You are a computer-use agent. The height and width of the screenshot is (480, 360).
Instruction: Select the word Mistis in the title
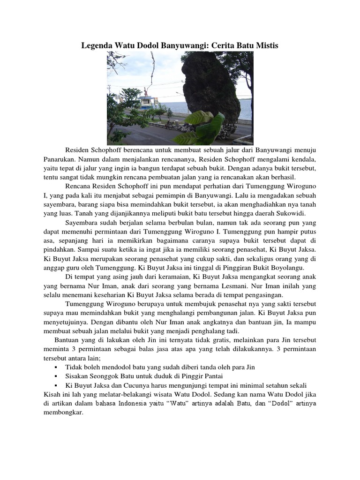[x=266, y=45]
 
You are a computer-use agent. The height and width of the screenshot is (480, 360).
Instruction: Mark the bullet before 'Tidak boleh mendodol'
[x=56, y=367]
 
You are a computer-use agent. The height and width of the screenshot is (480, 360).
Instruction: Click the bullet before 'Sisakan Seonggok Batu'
[x=56, y=376]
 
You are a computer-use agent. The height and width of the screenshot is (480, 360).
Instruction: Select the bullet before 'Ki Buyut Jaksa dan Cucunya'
[x=56, y=385]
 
